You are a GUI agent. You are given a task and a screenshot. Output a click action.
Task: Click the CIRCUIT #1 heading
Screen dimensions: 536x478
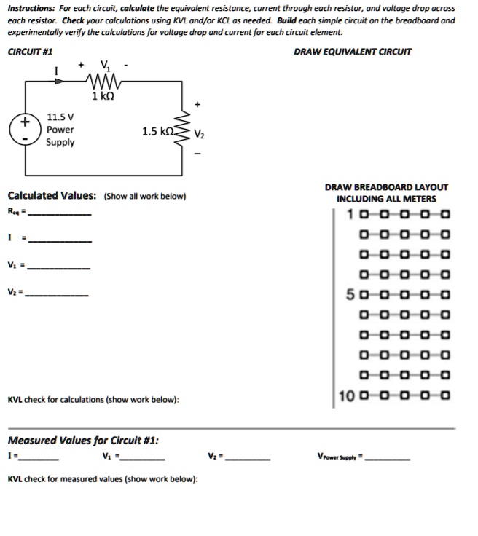(x=29, y=52)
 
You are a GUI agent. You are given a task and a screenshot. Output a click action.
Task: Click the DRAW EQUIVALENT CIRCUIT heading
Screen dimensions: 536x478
(x=352, y=52)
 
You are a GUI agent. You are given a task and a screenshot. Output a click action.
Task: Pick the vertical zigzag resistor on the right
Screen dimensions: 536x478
(x=184, y=132)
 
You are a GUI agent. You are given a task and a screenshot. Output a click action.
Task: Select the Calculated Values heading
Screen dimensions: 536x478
(x=52, y=196)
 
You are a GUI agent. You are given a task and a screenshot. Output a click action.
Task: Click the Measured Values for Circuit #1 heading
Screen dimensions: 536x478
(x=83, y=441)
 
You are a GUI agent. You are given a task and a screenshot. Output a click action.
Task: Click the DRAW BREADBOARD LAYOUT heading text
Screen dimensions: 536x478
(x=386, y=187)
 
